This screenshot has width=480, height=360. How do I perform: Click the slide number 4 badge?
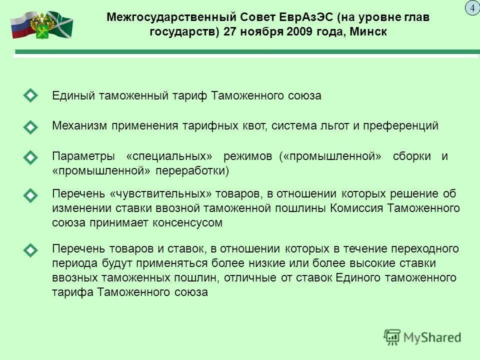[471, 8]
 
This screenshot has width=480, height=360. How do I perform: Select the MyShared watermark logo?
[422, 337]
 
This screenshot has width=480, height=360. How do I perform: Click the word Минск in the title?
[367, 31]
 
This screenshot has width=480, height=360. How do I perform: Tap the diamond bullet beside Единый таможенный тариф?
[30, 95]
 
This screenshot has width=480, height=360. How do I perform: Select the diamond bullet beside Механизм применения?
[30, 127]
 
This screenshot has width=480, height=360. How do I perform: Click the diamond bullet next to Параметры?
[30, 157]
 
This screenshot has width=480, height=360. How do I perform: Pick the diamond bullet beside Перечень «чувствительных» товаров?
[30, 195]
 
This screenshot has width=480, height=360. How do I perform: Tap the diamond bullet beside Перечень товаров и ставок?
[30, 249]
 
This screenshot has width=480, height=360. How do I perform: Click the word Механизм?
[79, 126]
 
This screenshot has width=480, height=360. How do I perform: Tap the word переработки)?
[192, 171]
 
